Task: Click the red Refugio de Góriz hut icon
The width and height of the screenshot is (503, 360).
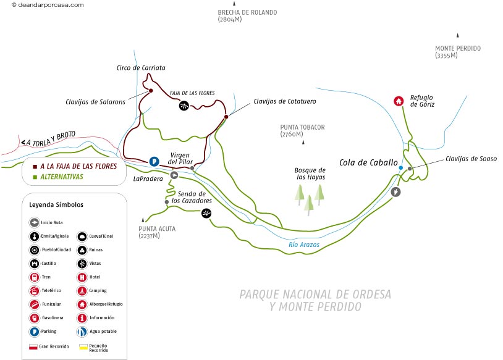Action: (x=399, y=101)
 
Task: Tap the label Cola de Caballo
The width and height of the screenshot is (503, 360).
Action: (x=368, y=162)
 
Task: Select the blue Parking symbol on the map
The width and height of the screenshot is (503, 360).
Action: (x=154, y=162)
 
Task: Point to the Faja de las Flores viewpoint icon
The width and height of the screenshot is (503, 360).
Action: (x=184, y=106)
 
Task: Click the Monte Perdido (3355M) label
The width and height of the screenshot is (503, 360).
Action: (x=457, y=52)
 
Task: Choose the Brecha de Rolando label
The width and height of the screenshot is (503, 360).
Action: (x=247, y=15)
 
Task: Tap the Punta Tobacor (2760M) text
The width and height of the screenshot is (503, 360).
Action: (x=302, y=130)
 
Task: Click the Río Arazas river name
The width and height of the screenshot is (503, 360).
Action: (x=304, y=245)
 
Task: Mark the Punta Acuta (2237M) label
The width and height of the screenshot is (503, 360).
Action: (x=157, y=232)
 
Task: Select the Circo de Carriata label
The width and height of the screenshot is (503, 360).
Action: (x=141, y=68)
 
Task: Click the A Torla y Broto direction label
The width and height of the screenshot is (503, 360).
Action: (x=51, y=142)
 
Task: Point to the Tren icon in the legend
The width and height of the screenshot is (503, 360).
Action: (x=35, y=277)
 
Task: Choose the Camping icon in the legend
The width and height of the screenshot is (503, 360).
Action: (x=82, y=291)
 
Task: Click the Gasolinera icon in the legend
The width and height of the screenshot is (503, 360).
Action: (x=35, y=318)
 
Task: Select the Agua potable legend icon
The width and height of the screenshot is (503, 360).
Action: (x=82, y=332)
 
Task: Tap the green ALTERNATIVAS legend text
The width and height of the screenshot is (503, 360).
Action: (x=61, y=177)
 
